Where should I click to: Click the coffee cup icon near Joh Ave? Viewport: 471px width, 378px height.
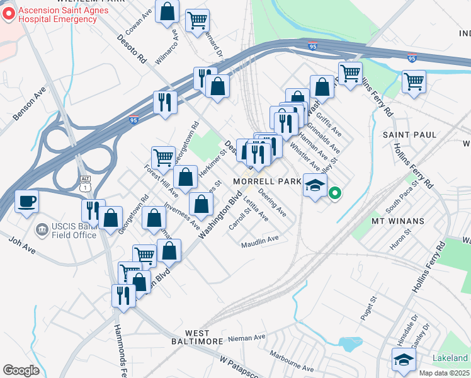(x=26, y=202)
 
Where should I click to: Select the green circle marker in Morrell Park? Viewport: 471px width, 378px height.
(x=336, y=194)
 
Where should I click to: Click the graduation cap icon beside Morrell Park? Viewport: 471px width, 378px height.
(x=315, y=185)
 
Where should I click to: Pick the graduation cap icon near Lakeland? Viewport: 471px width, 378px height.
(x=404, y=360)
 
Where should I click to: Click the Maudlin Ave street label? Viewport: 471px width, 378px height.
(x=259, y=239)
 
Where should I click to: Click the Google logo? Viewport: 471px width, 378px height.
(x=21, y=370)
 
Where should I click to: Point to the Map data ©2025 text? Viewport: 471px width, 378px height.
(x=444, y=374)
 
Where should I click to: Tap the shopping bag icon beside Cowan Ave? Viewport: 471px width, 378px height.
(x=167, y=13)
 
